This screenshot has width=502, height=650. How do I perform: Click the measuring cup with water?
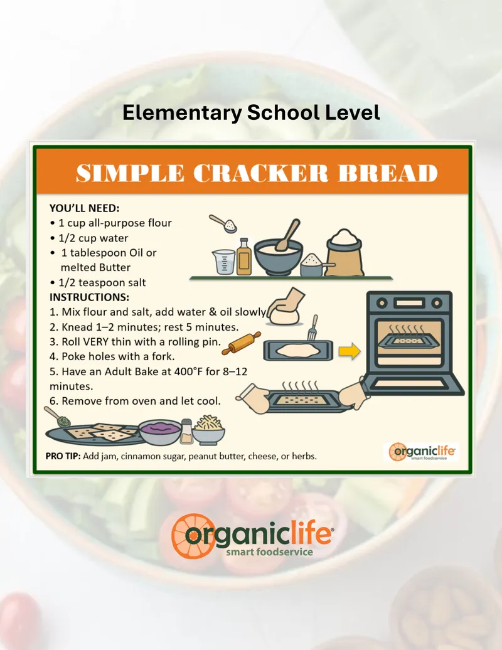(225, 262)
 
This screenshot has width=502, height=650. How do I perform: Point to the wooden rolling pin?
(242, 343)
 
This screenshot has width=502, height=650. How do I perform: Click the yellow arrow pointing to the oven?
(350, 351)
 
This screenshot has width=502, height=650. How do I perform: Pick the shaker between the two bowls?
(186, 431)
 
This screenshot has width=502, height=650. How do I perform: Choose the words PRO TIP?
(63, 456)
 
